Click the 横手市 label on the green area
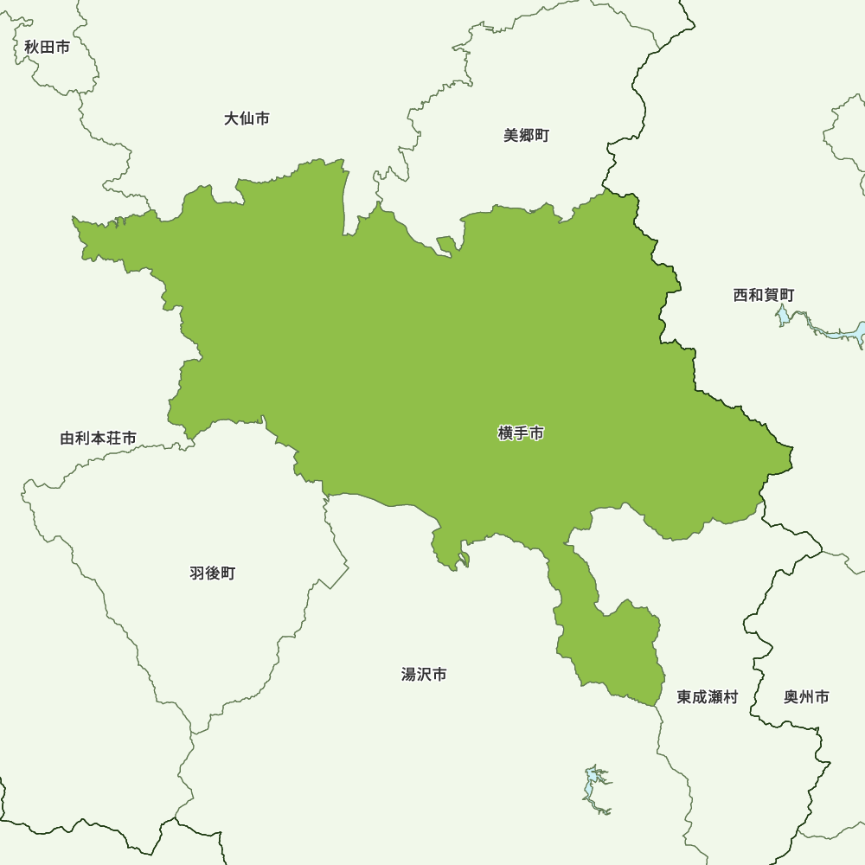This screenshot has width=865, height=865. pos(521,433)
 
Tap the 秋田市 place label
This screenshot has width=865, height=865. pos(47,48)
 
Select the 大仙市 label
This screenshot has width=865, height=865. pos(247,119)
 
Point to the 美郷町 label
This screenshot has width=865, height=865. pos(526,136)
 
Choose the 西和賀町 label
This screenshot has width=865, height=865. pos(763,296)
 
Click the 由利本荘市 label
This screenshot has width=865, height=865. pos(98,439)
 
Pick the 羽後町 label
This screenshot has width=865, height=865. pos(212,573)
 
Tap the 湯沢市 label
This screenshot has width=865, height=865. pos(424,675)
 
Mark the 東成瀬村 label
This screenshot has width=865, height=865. pos(707,697)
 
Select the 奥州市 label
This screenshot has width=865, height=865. pos(806,697)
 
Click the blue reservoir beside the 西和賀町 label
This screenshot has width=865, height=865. pos(843,333)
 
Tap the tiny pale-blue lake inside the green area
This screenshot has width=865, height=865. pos(465,558)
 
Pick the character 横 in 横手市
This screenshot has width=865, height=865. pos(506,433)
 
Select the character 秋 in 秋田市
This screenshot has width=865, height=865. pos(32,48)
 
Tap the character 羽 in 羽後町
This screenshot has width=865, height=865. pos(197,573)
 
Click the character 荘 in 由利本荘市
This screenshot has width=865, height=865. pos(112,439)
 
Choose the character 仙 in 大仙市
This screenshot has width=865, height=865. pos(247,119)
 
